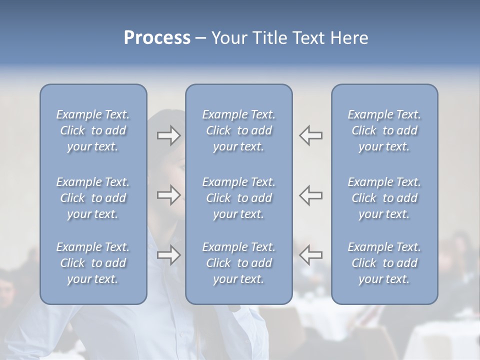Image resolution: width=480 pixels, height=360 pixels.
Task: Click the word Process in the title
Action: (x=157, y=38)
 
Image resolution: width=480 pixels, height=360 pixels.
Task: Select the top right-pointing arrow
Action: (x=168, y=135)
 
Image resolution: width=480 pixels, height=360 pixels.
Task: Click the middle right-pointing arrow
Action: (x=168, y=195)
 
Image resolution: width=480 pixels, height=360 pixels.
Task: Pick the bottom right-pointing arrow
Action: (x=168, y=255)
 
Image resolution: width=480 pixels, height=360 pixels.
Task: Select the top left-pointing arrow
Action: (x=310, y=135)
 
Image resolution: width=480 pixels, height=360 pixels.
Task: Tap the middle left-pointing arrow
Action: (x=310, y=195)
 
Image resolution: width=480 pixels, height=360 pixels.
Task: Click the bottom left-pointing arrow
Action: (x=310, y=255)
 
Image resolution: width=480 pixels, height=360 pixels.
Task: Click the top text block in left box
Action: (x=93, y=130)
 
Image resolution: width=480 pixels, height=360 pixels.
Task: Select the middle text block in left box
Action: (x=93, y=198)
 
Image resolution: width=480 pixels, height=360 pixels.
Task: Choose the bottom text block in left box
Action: (x=93, y=263)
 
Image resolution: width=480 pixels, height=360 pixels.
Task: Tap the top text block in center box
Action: (x=238, y=130)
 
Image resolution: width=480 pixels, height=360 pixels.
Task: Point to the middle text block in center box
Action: (x=238, y=198)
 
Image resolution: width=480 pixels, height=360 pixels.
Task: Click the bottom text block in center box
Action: (x=238, y=263)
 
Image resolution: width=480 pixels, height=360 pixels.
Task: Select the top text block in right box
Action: (x=384, y=130)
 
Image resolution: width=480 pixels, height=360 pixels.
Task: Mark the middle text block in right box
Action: (x=384, y=198)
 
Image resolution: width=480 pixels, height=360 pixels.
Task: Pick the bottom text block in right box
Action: (x=384, y=263)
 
